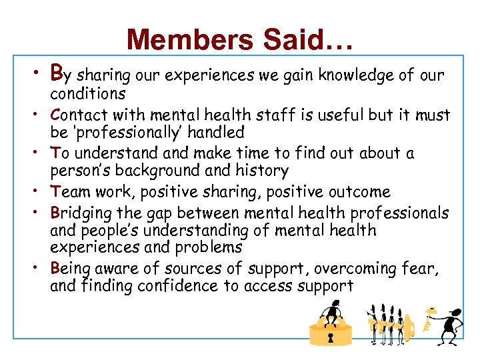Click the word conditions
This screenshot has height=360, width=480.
87,94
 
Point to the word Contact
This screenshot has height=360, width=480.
79,115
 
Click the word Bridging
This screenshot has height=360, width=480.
81,213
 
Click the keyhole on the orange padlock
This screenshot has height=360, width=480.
330,338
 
